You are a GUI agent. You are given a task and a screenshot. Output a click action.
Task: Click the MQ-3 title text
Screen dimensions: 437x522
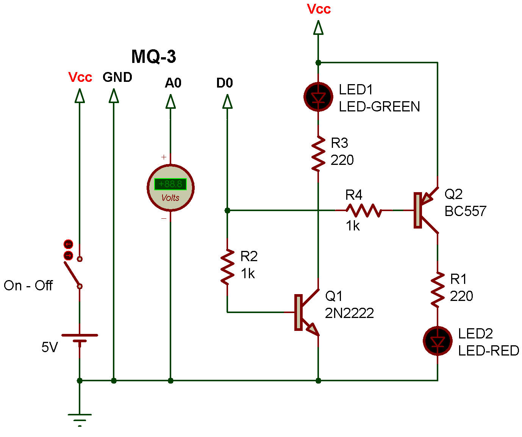tap(153, 56)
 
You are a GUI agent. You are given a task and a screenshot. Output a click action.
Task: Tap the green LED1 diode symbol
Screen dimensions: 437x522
tap(318, 97)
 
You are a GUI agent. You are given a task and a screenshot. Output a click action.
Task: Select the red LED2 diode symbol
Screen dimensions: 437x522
tap(438, 341)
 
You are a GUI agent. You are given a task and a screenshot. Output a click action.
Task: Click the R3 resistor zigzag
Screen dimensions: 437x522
tap(318, 153)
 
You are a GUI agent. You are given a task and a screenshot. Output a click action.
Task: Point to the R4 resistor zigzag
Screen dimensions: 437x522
tap(364, 210)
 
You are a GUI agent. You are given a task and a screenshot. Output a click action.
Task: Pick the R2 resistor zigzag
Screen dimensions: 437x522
tap(227, 267)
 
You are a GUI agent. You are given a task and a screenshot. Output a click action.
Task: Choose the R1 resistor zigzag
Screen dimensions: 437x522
tap(438, 289)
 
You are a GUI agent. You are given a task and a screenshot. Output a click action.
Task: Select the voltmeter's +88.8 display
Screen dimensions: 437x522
tap(170, 184)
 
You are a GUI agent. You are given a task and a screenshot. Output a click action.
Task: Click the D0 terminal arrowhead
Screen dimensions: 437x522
tap(227, 102)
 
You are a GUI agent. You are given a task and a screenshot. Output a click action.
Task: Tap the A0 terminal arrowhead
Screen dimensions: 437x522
tap(170, 102)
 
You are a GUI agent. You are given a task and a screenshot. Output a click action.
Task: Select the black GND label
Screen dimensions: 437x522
tap(117, 77)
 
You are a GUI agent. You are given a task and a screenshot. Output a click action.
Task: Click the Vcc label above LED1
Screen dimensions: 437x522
tap(319, 9)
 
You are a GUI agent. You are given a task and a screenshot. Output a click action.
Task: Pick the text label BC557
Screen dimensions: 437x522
tap(465, 211)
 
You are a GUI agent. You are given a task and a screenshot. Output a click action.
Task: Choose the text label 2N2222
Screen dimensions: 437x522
tap(349, 313)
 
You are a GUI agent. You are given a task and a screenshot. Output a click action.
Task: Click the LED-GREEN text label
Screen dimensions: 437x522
tap(379, 107)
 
